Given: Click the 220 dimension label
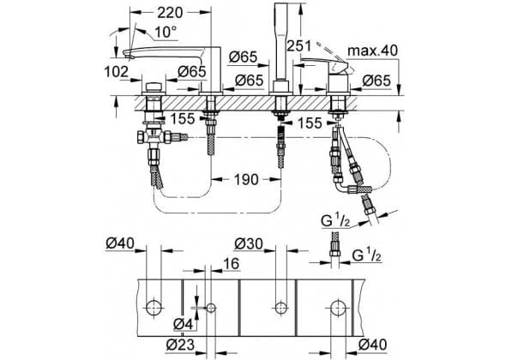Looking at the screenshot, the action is pyautogui.click(x=170, y=13).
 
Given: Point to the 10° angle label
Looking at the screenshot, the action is pyautogui.click(x=166, y=32).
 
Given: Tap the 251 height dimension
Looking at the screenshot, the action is pyautogui.click(x=299, y=45).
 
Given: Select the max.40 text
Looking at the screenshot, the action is pyautogui.click(x=373, y=51).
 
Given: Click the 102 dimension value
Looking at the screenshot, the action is pyautogui.click(x=116, y=71).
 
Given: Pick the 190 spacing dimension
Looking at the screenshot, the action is pyautogui.click(x=246, y=179).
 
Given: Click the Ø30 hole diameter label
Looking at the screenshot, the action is pyautogui.click(x=249, y=244).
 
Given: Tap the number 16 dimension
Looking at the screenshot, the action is pyautogui.click(x=231, y=263).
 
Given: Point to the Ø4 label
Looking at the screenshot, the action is pyautogui.click(x=183, y=323).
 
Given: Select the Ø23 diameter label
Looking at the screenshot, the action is pyautogui.click(x=181, y=345).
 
